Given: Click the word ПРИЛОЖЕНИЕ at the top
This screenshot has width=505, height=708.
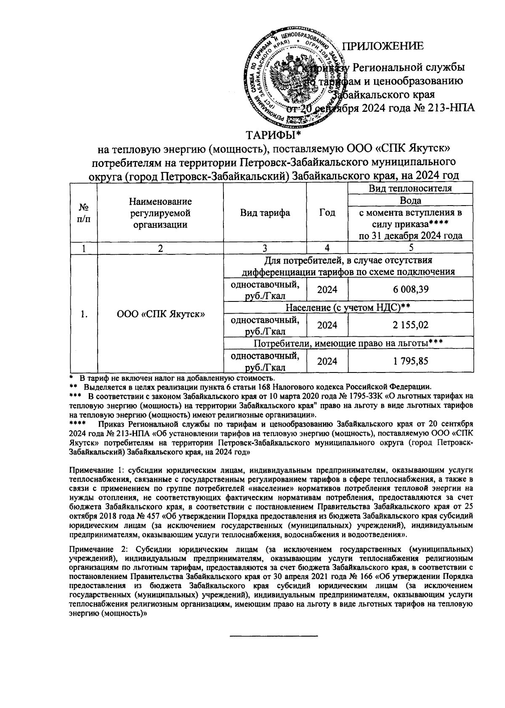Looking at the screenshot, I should [383, 47].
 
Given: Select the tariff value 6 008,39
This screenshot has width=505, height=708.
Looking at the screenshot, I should [411, 290].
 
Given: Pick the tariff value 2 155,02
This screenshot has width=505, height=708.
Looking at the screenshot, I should [411, 325].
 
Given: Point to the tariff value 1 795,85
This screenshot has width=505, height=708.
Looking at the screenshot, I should [411, 361].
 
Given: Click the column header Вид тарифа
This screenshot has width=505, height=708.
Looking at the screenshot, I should [265, 213].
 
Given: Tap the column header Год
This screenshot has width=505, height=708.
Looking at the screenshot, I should [327, 213].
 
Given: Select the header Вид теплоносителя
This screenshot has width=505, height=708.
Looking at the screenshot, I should [410, 188].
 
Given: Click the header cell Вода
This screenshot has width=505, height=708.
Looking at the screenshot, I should [410, 201].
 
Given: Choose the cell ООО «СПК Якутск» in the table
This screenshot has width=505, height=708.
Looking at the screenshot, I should [160, 314].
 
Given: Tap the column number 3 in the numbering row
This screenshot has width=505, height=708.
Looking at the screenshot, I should [265, 248].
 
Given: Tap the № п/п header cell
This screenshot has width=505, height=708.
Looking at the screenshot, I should [84, 213].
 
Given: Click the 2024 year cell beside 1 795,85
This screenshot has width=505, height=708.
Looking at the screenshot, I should [327, 361].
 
